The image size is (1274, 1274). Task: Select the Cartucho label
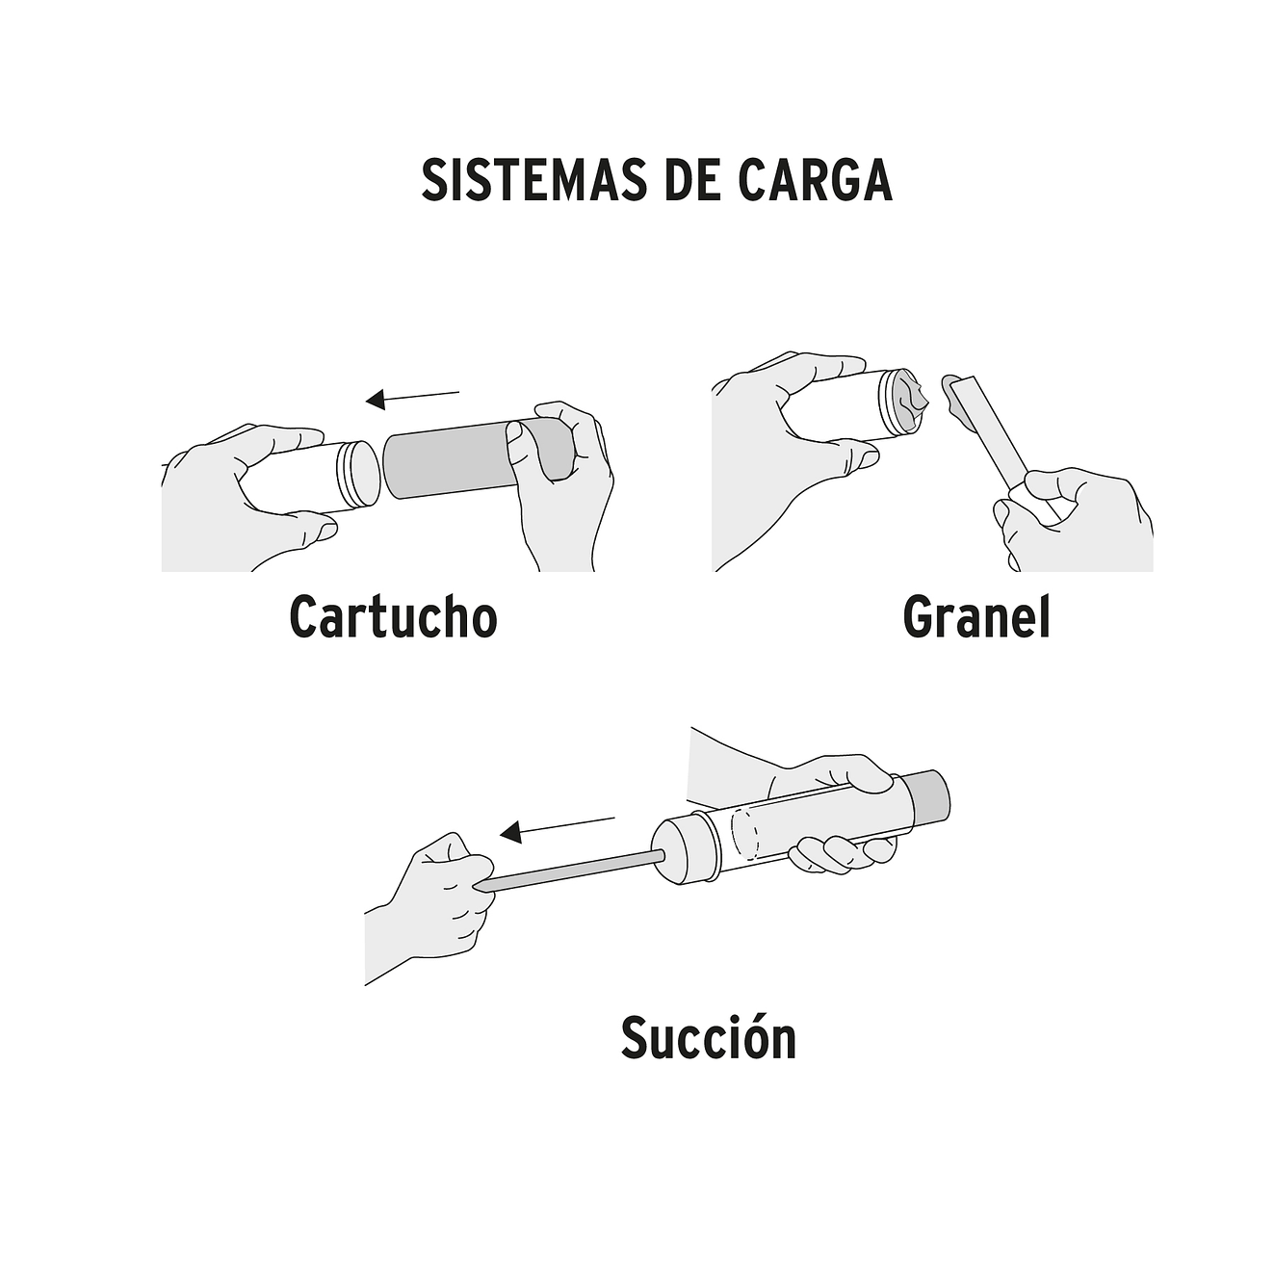point(393,617)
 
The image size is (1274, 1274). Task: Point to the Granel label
point(975,617)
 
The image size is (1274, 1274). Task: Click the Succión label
point(708,1038)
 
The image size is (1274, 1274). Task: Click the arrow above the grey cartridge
point(413,396)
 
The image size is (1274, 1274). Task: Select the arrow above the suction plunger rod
point(558,827)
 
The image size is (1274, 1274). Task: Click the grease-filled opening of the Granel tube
point(908,403)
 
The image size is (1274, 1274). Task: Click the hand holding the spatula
point(1079,520)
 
